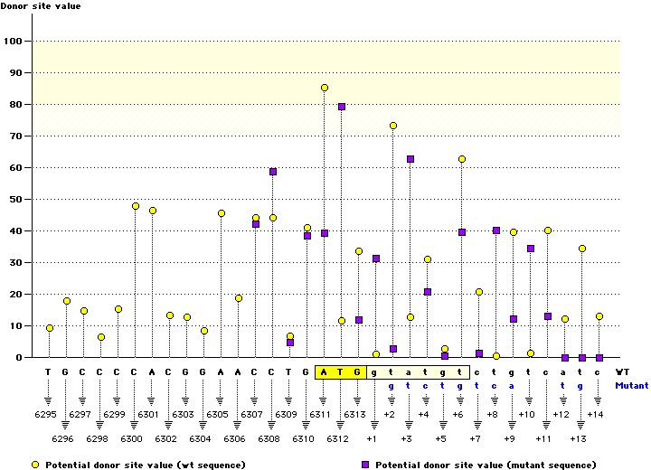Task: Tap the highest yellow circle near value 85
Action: pyautogui.click(x=325, y=88)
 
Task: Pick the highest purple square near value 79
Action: pyautogui.click(x=342, y=107)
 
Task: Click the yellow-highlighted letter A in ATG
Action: pyautogui.click(x=325, y=371)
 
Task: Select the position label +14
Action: pyautogui.click(x=594, y=414)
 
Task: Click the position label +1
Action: pyautogui.click(x=372, y=438)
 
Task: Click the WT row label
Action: pyautogui.click(x=622, y=371)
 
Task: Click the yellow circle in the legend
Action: pyautogui.click(x=35, y=464)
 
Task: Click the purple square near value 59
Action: pyautogui.click(x=273, y=172)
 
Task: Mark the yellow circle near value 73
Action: pyautogui.click(x=393, y=126)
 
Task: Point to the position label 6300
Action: pyautogui.click(x=131, y=438)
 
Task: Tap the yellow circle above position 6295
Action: pyautogui.click(x=50, y=328)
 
